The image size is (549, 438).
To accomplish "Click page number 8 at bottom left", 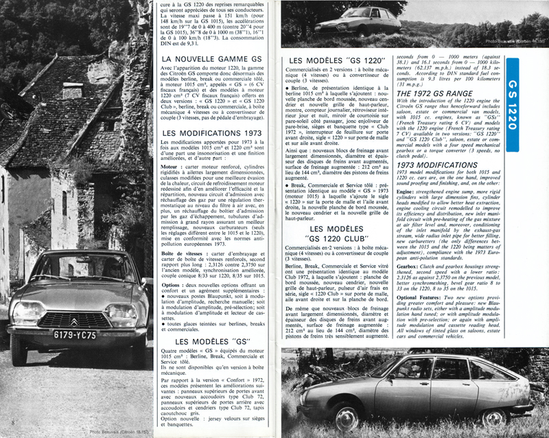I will [x=14, y=419].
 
